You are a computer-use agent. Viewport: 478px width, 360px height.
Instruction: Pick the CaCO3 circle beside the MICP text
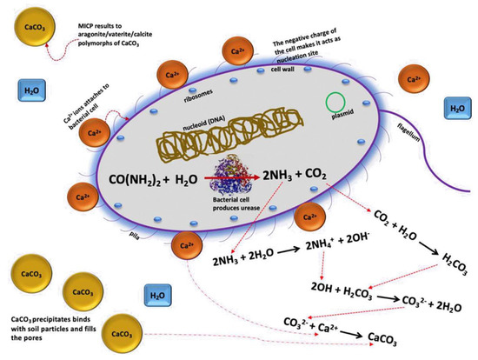pos(23,30)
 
